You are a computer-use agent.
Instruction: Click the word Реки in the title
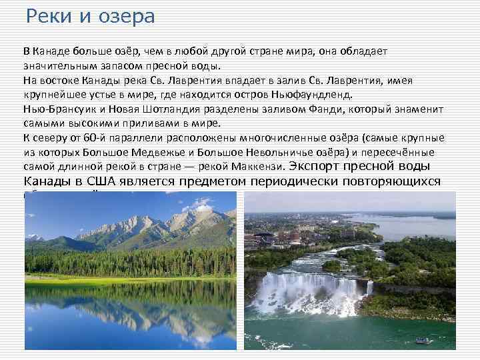(47, 16)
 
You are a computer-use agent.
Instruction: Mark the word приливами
(159, 123)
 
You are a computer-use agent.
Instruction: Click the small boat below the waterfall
(421, 341)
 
